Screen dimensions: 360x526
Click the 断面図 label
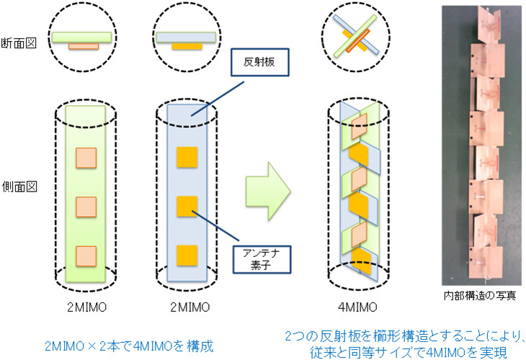coord(18,38)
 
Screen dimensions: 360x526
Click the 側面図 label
coord(18,185)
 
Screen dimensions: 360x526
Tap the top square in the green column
coord(86,157)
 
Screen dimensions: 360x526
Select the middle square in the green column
coord(86,207)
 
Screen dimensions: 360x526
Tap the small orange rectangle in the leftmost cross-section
coord(84,46)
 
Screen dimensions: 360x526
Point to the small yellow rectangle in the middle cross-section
coord(187,46)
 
